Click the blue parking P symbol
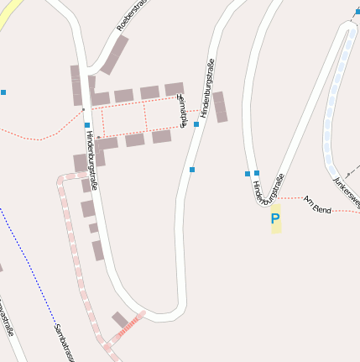[274, 219]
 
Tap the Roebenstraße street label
[132, 17]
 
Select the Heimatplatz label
[183, 108]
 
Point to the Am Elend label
[317, 204]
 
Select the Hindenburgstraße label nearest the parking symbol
[269, 189]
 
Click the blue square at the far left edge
[3, 92]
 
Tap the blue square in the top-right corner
[357, 12]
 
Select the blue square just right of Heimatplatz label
[196, 124]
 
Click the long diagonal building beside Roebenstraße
[115, 54]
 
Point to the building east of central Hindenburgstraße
[220, 107]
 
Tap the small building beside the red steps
[121, 319]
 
